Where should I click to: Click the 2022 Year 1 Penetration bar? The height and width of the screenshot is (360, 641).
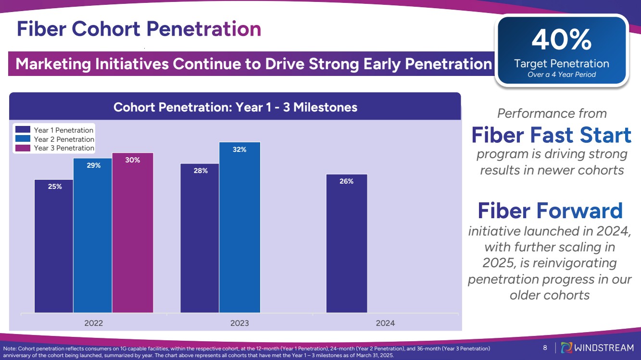(53, 246)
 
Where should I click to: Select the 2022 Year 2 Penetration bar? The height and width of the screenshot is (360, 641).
(93, 236)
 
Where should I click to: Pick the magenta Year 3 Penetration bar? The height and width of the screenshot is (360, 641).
(132, 233)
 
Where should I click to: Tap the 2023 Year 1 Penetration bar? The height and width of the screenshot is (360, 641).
(200, 238)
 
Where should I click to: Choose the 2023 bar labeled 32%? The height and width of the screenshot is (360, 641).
(239, 227)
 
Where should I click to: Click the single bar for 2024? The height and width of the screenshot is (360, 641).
(347, 243)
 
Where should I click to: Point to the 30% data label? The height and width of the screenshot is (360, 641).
(133, 160)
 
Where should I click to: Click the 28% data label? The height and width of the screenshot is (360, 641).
(201, 171)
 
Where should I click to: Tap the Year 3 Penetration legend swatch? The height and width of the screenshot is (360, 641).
(23, 148)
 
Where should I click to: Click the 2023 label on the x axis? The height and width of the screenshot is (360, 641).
(239, 323)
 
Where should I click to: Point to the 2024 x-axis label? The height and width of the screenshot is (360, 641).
(385, 323)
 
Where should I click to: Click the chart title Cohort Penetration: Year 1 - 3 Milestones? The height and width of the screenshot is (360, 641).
(235, 107)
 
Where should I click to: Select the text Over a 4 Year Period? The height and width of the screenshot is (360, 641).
(561, 74)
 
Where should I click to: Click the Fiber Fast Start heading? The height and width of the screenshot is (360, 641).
(551, 135)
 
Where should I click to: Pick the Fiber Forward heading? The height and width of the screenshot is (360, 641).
(550, 211)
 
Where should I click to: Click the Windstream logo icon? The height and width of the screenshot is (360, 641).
(567, 348)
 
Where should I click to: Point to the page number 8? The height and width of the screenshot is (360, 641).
(545, 348)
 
